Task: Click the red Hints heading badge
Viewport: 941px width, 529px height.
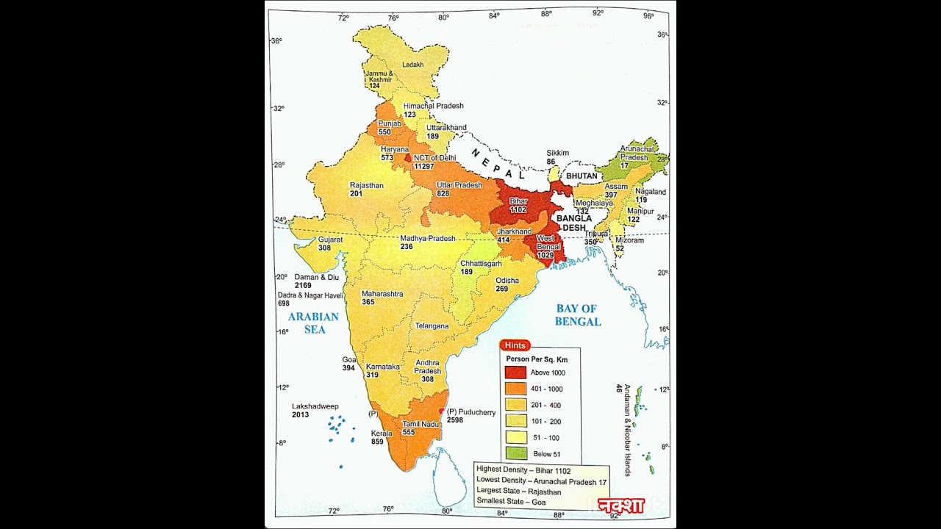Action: (x=515, y=345)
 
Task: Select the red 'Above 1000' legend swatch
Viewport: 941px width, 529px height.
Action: (x=515, y=373)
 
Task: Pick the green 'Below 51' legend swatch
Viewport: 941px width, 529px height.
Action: (x=515, y=454)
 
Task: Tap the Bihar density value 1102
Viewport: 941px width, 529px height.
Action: (x=518, y=210)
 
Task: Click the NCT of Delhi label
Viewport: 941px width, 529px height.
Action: (x=434, y=158)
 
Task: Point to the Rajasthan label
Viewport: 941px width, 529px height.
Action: (x=366, y=186)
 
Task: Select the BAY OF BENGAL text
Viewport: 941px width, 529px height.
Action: (x=577, y=315)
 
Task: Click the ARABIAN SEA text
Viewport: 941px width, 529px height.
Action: (x=313, y=323)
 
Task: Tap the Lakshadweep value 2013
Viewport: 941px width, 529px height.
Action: (x=300, y=415)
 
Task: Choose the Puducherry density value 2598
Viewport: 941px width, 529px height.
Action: (x=454, y=420)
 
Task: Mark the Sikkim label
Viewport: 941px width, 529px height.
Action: (x=557, y=153)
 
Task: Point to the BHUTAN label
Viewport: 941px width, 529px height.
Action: (x=581, y=176)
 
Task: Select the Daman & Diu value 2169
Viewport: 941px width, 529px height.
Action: (x=303, y=285)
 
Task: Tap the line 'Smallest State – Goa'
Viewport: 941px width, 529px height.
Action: (x=511, y=502)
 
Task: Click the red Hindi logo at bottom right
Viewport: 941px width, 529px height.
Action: (x=621, y=505)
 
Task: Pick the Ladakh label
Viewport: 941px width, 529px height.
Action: (x=412, y=65)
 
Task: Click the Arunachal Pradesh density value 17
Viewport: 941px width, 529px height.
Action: (x=624, y=166)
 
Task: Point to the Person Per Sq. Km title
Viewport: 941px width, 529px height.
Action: (x=537, y=359)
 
